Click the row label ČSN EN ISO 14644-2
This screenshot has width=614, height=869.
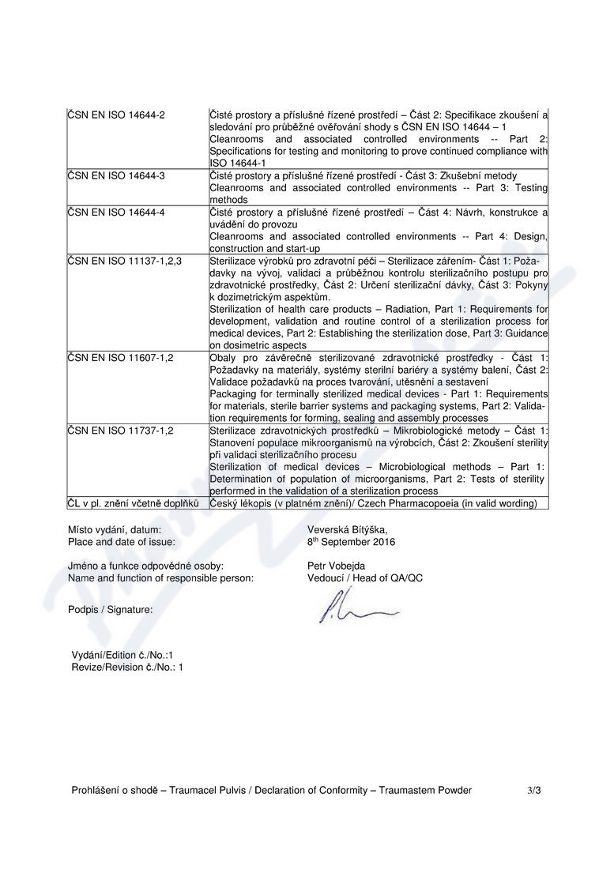point(116,115)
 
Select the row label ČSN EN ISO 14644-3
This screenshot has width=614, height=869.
point(116,175)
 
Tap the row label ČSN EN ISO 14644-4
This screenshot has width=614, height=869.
point(116,213)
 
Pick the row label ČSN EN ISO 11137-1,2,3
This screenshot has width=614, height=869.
point(125,260)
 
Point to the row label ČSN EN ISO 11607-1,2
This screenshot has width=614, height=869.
point(120,358)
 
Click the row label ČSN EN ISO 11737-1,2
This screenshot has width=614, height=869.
point(120,431)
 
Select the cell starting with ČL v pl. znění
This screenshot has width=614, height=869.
point(133,503)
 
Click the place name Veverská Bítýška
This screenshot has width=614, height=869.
point(348,530)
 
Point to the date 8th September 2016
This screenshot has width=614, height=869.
point(351,542)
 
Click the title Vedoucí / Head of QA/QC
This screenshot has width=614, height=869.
point(364,577)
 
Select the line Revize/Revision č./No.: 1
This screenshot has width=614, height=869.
point(126,667)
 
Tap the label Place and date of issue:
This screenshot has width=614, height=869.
point(122,542)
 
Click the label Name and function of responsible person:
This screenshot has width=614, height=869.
point(161,577)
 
